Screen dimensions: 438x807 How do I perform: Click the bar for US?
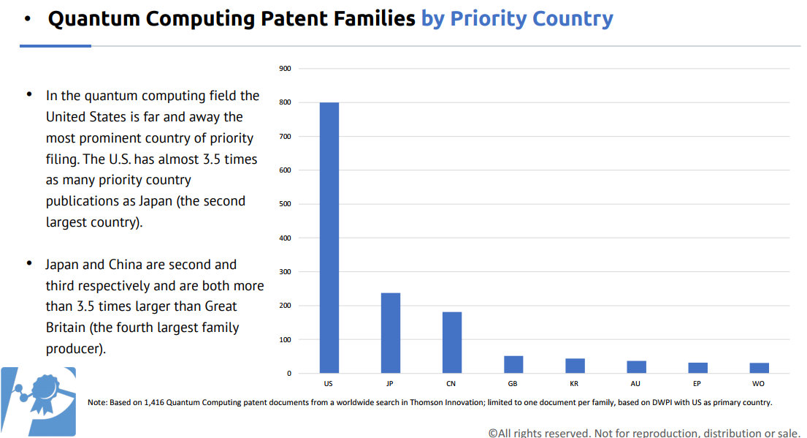pyautogui.click(x=329, y=238)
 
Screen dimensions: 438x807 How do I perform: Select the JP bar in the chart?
pyautogui.click(x=391, y=333)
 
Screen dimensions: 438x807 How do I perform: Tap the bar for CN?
pyautogui.click(x=452, y=342)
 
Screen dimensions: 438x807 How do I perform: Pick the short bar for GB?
pyautogui.click(x=513, y=364)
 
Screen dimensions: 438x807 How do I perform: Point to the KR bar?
pyautogui.click(x=575, y=366)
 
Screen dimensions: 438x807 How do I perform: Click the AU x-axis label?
pyautogui.click(x=636, y=383)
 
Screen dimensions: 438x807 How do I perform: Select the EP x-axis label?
pyautogui.click(x=697, y=383)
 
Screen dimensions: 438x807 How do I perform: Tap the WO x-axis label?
pyautogui.click(x=759, y=383)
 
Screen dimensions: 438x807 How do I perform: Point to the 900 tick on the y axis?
pyautogui.click(x=285, y=69)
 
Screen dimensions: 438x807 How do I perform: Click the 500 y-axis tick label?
pyautogui.click(x=285, y=204)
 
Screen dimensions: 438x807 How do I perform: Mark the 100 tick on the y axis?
pyautogui.click(x=285, y=340)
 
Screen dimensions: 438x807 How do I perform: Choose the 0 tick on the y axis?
pyautogui.click(x=289, y=374)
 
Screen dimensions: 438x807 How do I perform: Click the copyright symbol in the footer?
pyautogui.click(x=493, y=433)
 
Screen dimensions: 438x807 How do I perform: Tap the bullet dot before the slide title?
pyautogui.click(x=27, y=19)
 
